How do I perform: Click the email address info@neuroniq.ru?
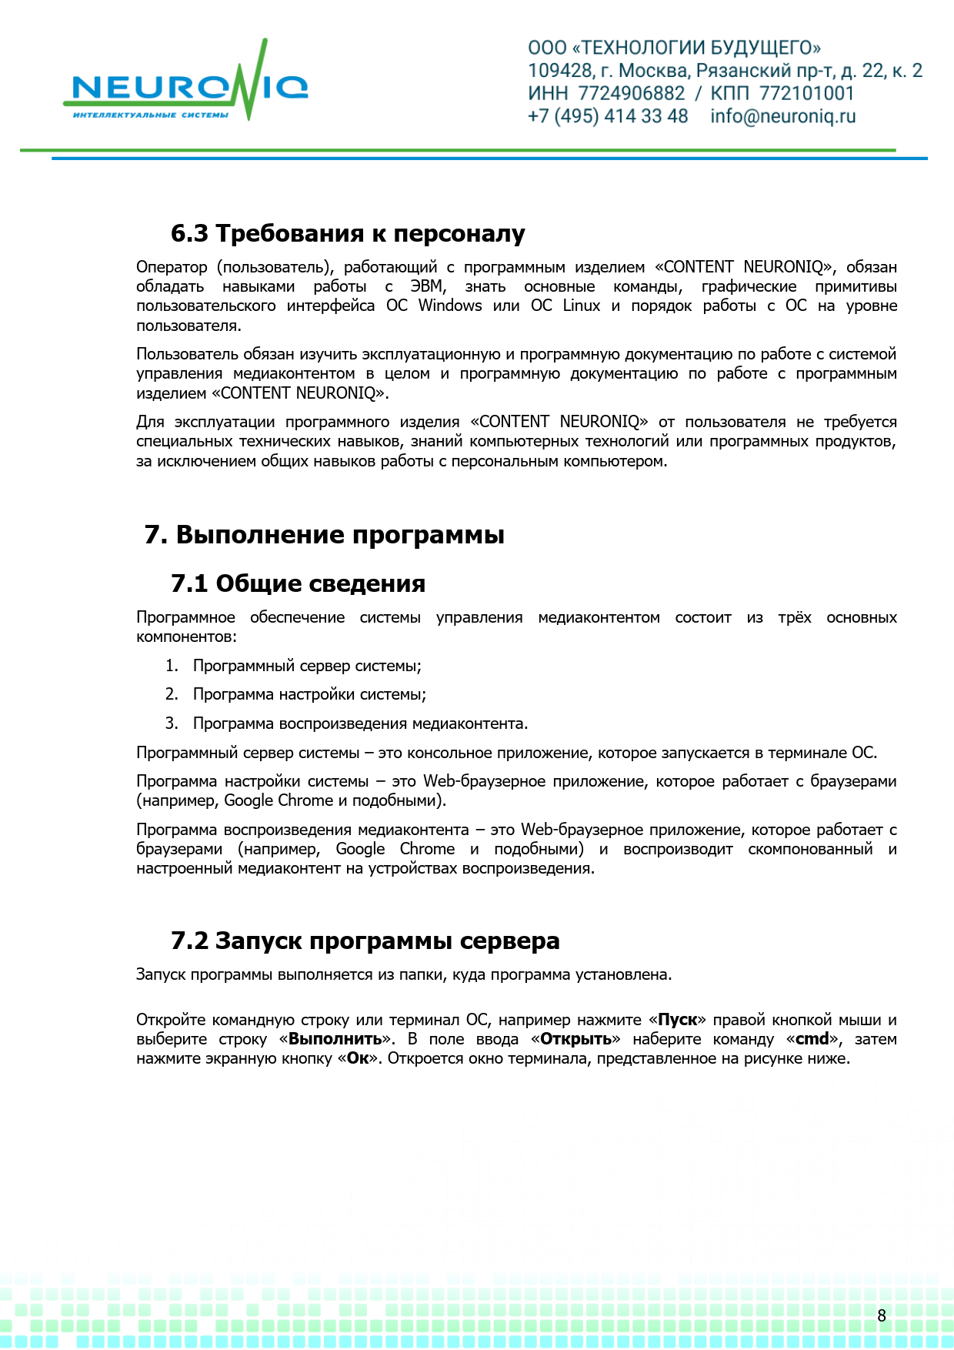coord(782,117)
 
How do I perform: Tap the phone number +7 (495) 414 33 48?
coord(607,117)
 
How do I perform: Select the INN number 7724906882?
coord(631,94)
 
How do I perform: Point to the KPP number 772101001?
coord(806,94)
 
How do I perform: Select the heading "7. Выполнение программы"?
coord(324,535)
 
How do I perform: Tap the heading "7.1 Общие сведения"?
coord(298,584)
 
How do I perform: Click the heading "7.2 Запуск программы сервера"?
coord(365,941)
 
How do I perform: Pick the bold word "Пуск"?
coord(677,1020)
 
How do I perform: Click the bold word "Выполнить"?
coord(335,1039)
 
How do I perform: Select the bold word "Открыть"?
coord(575,1039)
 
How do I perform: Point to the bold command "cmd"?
coord(812,1039)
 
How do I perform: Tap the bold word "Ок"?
coord(358,1058)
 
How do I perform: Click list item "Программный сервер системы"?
coord(306,666)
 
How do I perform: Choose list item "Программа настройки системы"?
coord(309,694)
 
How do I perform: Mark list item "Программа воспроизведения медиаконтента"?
coord(359,723)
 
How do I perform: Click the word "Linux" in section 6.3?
coord(581,306)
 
